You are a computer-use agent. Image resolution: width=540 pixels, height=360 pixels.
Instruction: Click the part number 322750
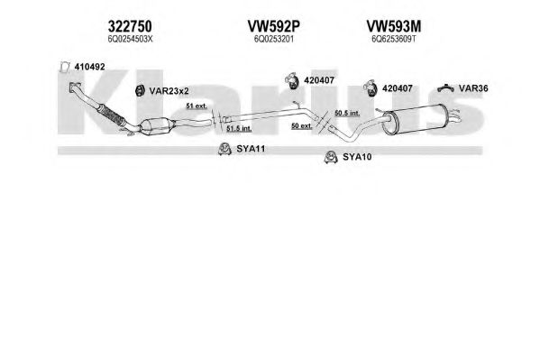click(x=130, y=26)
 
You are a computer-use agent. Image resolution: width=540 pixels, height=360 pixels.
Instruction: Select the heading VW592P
click(x=274, y=26)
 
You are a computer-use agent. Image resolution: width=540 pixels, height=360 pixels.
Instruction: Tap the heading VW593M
click(x=394, y=26)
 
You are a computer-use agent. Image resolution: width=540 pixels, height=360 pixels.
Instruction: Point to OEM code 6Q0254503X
click(x=130, y=40)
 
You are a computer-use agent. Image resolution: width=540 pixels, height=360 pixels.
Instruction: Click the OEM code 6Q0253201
click(x=274, y=40)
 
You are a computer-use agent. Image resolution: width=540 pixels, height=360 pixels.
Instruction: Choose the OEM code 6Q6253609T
click(x=394, y=40)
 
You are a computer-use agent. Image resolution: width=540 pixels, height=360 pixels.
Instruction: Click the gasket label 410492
click(x=89, y=67)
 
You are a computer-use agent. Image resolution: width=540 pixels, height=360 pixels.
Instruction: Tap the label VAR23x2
click(x=169, y=91)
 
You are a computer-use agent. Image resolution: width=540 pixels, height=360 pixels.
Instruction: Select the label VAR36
click(x=473, y=88)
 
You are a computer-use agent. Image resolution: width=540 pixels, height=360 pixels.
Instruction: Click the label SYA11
click(x=251, y=149)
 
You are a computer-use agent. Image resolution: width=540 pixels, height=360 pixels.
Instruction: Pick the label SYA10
click(x=357, y=157)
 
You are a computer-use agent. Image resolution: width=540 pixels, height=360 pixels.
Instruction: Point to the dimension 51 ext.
click(x=197, y=106)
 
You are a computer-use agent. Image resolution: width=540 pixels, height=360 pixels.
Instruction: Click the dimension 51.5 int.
click(x=239, y=129)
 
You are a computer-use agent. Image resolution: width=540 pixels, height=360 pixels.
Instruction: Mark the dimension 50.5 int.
click(x=347, y=113)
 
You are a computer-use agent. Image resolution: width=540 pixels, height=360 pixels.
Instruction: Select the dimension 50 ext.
click(x=302, y=126)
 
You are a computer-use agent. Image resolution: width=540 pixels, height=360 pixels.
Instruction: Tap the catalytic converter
click(x=156, y=126)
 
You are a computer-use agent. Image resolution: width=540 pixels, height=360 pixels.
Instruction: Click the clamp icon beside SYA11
click(x=224, y=149)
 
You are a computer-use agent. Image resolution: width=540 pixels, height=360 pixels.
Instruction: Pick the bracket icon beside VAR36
click(x=445, y=88)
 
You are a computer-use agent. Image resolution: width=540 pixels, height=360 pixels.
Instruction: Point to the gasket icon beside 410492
click(x=64, y=67)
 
